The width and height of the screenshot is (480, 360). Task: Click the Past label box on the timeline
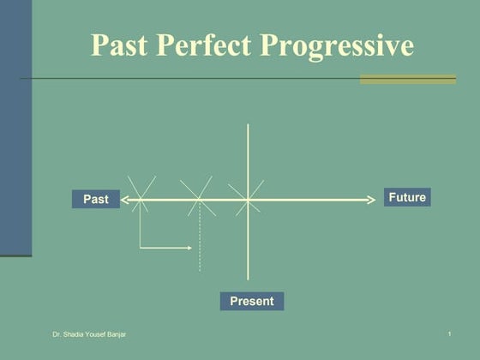95,200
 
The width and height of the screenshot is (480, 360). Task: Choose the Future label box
406,197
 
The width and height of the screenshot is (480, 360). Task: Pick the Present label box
251,301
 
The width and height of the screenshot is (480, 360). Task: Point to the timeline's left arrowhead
124,200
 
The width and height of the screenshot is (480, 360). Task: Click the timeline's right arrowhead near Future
372,200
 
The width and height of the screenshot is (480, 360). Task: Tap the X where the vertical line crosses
248,200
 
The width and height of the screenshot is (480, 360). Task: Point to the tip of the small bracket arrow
190,248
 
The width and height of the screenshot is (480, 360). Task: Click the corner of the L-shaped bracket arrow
141,248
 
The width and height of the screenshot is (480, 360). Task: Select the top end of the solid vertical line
248,125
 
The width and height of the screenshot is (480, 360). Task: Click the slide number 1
449,333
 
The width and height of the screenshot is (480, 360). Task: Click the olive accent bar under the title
407,79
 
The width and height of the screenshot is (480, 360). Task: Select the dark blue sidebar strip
15,129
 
